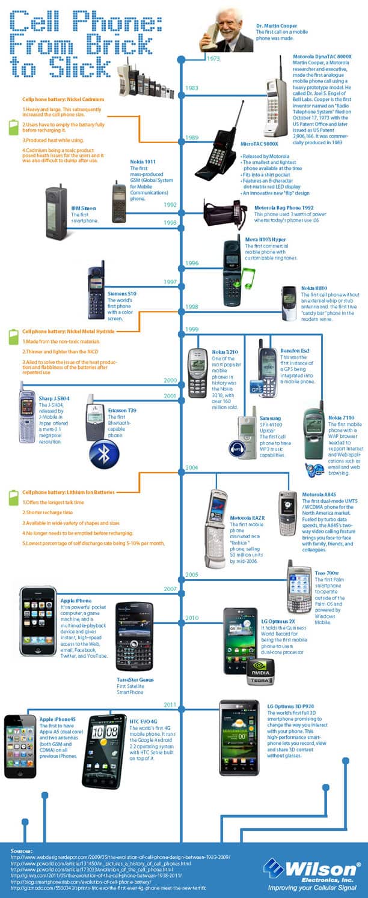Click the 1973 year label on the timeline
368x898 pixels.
pos(213,59)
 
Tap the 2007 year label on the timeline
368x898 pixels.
pos(170,589)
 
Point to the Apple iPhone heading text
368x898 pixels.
pos(76,600)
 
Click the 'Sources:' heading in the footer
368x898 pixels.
pos(22,851)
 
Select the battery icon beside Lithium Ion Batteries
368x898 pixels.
pos(13,497)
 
